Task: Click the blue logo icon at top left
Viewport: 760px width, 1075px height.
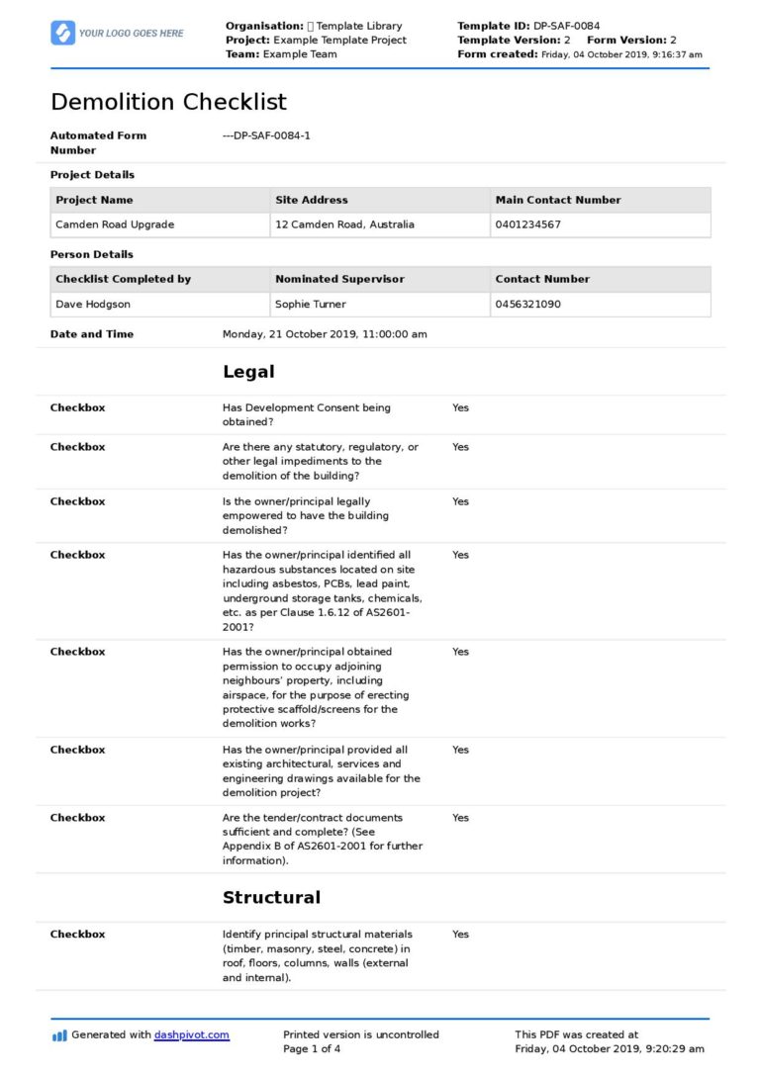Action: (62, 33)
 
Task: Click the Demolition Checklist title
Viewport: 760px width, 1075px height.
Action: (168, 102)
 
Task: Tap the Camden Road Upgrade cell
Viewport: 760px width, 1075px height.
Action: (115, 224)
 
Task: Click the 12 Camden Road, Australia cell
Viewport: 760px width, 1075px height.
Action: (344, 224)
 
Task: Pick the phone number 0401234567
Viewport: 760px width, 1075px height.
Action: (527, 224)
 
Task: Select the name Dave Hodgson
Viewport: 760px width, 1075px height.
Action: (92, 305)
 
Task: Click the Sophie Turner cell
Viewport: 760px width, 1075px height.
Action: (311, 305)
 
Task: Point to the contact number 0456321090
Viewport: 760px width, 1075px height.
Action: (527, 305)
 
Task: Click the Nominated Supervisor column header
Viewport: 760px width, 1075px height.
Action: (339, 279)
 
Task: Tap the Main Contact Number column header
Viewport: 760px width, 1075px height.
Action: (558, 200)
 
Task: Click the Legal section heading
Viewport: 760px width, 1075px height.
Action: (248, 372)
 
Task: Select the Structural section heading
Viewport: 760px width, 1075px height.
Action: (271, 897)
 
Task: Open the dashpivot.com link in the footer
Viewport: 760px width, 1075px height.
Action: (191, 1034)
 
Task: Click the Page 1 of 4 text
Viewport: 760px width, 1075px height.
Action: (312, 1048)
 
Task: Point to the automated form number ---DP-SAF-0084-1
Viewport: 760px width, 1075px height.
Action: (266, 135)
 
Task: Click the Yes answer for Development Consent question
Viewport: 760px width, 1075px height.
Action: (460, 407)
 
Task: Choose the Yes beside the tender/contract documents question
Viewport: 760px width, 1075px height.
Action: (460, 818)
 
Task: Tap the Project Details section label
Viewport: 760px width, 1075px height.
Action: (92, 175)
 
